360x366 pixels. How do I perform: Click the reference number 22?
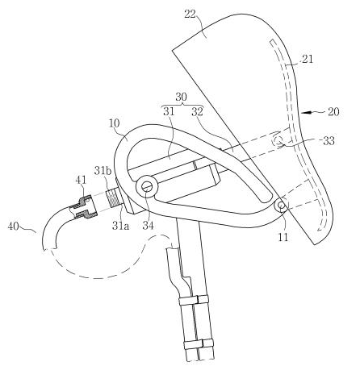[190, 14]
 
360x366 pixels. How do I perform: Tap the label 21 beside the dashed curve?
[308, 59]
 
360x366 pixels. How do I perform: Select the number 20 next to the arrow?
[333, 111]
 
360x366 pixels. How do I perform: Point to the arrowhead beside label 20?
[306, 113]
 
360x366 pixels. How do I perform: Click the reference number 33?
[329, 140]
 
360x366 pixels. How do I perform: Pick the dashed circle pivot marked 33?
[278, 140]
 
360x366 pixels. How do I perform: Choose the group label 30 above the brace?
[181, 97]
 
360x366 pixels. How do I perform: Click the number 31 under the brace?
[170, 111]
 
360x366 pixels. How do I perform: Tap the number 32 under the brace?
[197, 111]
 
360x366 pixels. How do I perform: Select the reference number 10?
[115, 123]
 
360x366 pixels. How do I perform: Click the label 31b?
[103, 171]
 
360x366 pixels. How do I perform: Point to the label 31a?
[121, 226]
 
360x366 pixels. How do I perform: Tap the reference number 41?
[82, 180]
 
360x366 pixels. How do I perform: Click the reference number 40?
[14, 227]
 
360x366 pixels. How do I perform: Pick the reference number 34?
[149, 225]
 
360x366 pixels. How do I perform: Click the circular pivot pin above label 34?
[147, 186]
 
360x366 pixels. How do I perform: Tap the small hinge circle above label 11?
[281, 206]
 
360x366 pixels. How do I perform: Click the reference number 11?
[283, 237]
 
